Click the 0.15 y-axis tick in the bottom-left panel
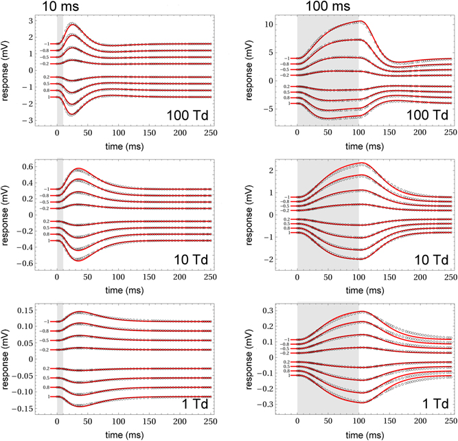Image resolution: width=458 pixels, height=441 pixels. coord(27,310)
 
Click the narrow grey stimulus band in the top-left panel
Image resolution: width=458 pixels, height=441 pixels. coord(60,69)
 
